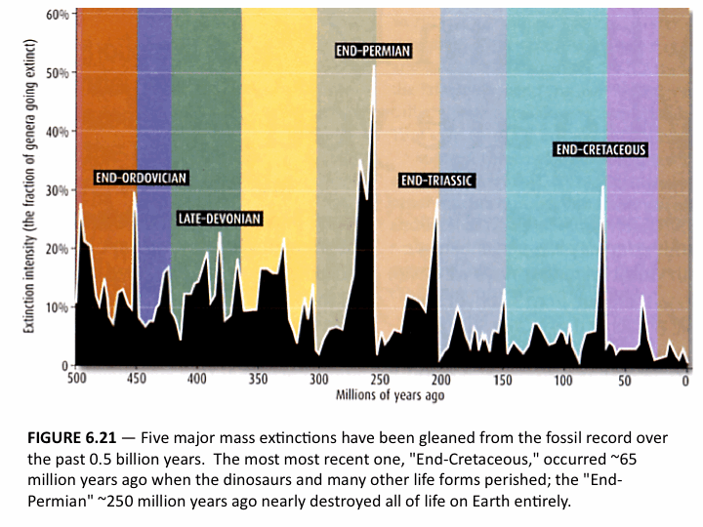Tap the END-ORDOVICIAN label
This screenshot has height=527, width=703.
coord(141,178)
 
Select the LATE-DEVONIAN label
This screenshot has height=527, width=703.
coord(220,219)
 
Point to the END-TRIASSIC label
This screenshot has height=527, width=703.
coord(436,181)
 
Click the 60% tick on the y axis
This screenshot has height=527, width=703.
coord(57,16)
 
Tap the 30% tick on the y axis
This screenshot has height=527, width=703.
coord(57,190)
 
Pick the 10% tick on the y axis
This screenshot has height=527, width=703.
coord(57,307)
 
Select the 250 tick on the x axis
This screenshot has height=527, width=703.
coord(380,379)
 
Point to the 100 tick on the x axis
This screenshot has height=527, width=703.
coord(563,379)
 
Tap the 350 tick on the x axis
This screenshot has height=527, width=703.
coord(258,379)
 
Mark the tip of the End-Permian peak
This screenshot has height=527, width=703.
coord(373,94)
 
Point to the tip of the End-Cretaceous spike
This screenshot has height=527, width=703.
coord(602,186)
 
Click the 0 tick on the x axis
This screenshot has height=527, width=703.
coord(686,379)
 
